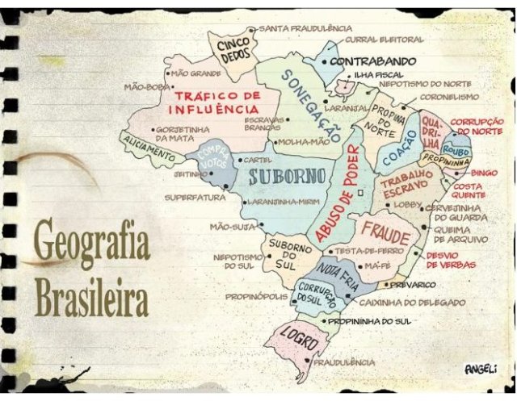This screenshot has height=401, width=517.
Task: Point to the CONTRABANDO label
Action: click(x=372, y=61)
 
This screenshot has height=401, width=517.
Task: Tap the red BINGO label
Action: click(x=484, y=173)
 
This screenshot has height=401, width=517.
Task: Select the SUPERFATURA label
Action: click(x=191, y=197)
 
